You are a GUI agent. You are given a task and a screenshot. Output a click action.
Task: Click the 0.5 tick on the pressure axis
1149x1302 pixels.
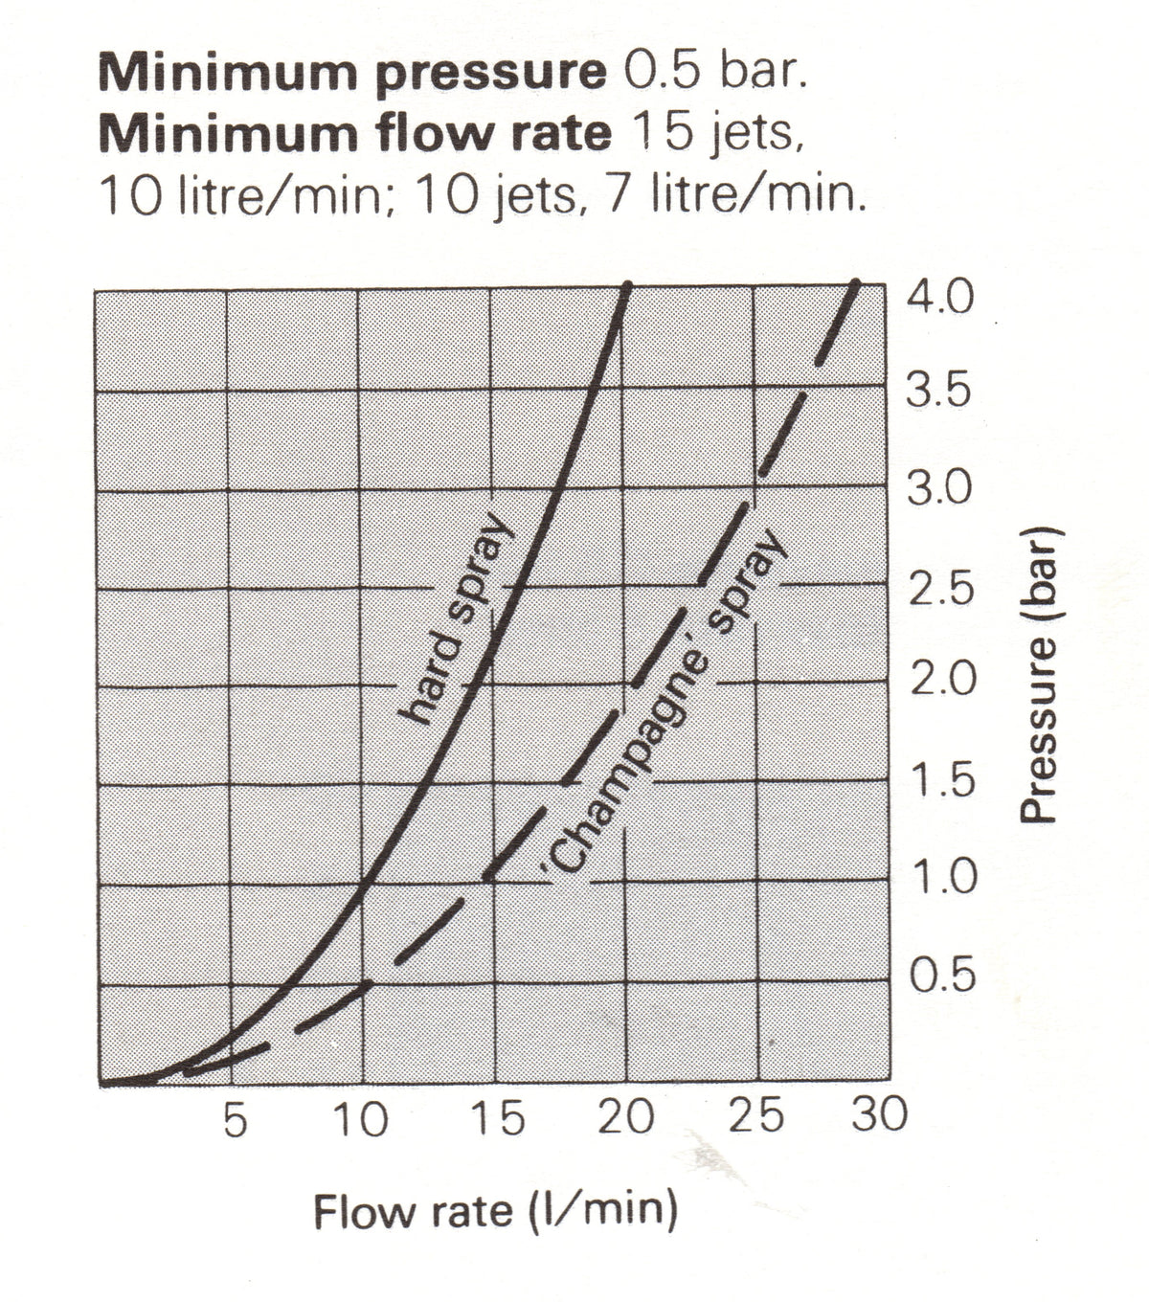click(x=942, y=975)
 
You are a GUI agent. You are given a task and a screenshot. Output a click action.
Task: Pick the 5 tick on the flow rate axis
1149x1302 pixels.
click(x=236, y=1119)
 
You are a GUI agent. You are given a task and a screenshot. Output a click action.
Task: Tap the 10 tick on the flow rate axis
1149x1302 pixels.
click(x=362, y=1119)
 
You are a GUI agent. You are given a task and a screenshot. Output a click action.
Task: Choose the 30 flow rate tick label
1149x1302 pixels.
click(x=879, y=1113)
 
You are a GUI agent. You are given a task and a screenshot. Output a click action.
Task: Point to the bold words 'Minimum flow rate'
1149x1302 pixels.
click(x=355, y=134)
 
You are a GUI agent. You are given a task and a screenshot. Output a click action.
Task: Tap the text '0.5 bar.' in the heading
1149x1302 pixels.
click(x=715, y=72)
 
